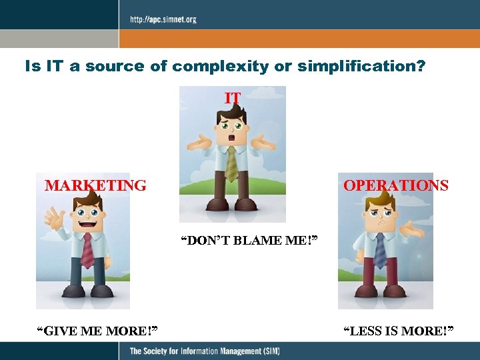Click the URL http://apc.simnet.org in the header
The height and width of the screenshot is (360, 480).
coord(163,19)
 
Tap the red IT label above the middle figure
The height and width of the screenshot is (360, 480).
coord(233,98)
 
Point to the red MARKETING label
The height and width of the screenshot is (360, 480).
coord(95,185)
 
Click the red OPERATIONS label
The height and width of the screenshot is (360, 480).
coord(395,185)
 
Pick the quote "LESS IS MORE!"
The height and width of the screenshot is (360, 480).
coord(398,330)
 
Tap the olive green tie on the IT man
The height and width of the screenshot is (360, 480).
coord(232,163)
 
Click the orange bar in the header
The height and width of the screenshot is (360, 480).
coord(300,39)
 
